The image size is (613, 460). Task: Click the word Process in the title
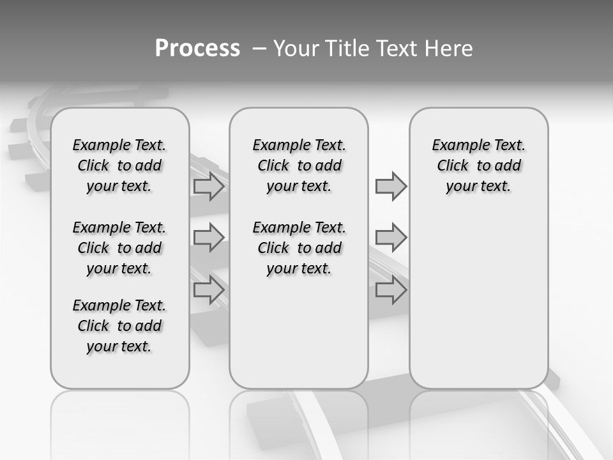click(197, 49)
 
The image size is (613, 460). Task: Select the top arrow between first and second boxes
click(209, 187)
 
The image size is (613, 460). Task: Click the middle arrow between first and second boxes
click(209, 238)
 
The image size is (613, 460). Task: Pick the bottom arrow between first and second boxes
click(209, 289)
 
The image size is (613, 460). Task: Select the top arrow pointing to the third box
click(391, 187)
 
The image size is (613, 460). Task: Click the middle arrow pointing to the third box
click(391, 238)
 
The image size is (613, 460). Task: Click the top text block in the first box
click(119, 165)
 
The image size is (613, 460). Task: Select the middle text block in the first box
click(119, 248)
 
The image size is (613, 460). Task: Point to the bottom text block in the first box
click(119, 326)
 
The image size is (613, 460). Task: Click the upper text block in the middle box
click(299, 165)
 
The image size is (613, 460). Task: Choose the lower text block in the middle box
click(299, 248)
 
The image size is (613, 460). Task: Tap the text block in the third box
click(478, 165)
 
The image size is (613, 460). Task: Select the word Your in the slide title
click(296, 49)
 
